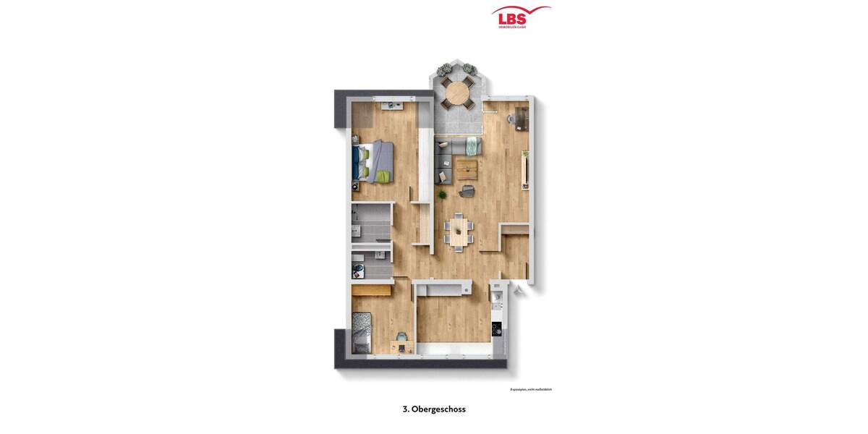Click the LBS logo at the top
coord(521,17)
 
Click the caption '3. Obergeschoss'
coord(434,409)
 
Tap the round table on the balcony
coord(456,93)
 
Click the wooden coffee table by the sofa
coord(467,170)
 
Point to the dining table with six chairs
coord(458,231)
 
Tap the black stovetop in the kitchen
coord(497,329)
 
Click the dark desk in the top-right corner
coord(522,117)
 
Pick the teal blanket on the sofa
coord(472,146)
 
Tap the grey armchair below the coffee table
coord(467,191)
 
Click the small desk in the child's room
coord(402,346)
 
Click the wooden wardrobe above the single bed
coord(372,290)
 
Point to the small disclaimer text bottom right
coord(531,389)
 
